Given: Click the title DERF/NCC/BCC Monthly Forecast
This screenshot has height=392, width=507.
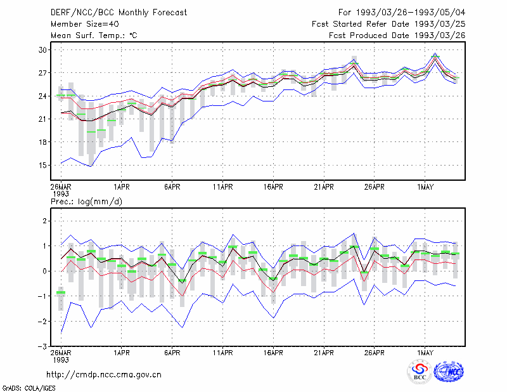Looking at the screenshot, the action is pyautogui.click(x=119, y=13).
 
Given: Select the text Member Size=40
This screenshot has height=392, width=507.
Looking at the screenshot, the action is pyautogui.click(x=85, y=24).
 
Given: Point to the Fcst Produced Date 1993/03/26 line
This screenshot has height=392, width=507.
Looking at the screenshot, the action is pyautogui.click(x=397, y=36).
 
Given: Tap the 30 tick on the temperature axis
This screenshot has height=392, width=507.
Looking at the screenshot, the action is pyautogui.click(x=42, y=50).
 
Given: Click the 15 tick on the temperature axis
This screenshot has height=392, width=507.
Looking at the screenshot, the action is pyautogui.click(x=42, y=166).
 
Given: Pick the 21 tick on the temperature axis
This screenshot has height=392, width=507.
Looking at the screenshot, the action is pyautogui.click(x=42, y=119).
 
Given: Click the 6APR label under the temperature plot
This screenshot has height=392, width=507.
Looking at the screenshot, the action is pyautogui.click(x=172, y=187).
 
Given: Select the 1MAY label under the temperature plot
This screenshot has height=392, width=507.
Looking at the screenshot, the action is pyautogui.click(x=425, y=187).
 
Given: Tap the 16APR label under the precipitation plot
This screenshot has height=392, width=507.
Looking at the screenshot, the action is pyautogui.click(x=273, y=353).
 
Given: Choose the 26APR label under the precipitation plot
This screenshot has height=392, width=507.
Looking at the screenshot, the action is pyautogui.click(x=374, y=353).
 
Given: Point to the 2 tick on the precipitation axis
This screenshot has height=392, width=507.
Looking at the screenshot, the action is pyautogui.click(x=44, y=221).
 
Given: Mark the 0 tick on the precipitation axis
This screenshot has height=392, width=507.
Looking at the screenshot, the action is pyautogui.click(x=44, y=271).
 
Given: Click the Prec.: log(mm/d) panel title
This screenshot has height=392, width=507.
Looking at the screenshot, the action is pyautogui.click(x=86, y=202).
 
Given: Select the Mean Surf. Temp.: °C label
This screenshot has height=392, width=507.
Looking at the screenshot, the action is pyautogui.click(x=94, y=36).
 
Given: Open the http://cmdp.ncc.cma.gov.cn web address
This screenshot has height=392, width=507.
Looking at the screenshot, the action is pyautogui.click(x=104, y=375).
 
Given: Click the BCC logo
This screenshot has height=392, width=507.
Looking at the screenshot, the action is pyautogui.click(x=420, y=372).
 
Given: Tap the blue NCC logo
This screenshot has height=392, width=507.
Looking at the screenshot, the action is pyautogui.click(x=449, y=372).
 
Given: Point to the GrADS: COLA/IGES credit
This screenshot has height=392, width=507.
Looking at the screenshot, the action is pyautogui.click(x=29, y=388).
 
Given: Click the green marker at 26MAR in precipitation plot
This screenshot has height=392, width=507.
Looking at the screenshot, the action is pyautogui.click(x=61, y=292).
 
